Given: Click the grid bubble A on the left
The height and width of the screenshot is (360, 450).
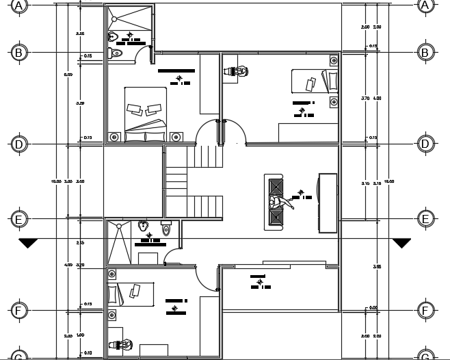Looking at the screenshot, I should tap(19, 5).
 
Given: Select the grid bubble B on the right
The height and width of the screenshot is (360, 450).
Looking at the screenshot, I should tap(425, 52).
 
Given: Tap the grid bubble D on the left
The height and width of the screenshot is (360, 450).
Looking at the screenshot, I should tap(19, 144).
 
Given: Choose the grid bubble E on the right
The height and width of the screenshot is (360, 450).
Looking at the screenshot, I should tap(425, 219).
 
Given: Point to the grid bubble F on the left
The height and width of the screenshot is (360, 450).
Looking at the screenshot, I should tap(19, 311).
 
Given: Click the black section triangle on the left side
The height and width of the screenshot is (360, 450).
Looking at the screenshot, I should tap(29, 243).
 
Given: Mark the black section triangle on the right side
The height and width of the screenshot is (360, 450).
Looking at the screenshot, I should tap(401, 243).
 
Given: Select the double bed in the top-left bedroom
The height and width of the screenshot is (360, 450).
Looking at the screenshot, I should tap(145, 113).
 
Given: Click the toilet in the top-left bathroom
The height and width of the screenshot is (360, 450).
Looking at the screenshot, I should tap(116, 52).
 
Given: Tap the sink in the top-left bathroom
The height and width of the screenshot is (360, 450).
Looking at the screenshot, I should tap(114, 36).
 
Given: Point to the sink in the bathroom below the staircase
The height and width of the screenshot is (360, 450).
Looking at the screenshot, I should tap(143, 225).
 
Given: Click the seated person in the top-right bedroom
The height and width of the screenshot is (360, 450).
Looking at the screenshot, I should tap(236, 70).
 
